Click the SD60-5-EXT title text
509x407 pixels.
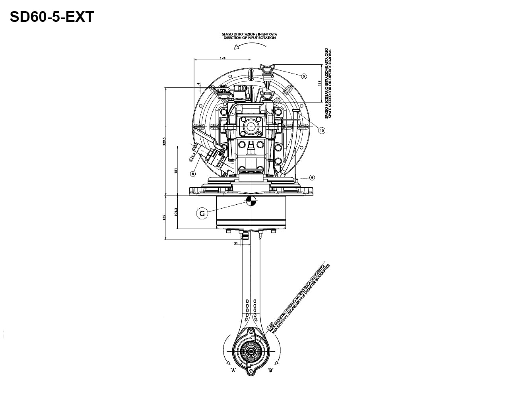click(52, 17)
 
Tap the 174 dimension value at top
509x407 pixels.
click(223, 58)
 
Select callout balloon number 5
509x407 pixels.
click(304, 76)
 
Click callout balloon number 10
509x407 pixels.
click(322, 130)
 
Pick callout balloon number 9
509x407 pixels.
click(312, 177)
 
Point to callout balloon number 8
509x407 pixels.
click(193, 173)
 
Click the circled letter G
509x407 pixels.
click(202, 213)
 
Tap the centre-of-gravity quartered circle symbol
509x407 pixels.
click(251, 201)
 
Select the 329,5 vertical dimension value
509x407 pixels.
click(164, 142)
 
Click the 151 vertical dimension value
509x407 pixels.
click(176, 171)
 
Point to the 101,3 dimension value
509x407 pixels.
click(176, 212)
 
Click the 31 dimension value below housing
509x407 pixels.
click(236, 243)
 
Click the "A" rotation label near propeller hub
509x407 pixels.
click(233, 370)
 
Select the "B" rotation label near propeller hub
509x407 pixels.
click(270, 370)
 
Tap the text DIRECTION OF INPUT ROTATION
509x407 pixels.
click(249, 38)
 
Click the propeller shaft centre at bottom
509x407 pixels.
click(251, 352)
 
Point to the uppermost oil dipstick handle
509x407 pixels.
click(267, 68)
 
